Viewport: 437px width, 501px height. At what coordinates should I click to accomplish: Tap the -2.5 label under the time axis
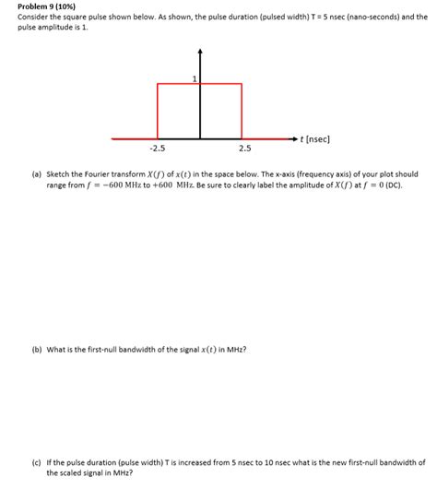(157, 148)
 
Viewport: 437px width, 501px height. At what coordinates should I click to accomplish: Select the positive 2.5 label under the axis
(243, 148)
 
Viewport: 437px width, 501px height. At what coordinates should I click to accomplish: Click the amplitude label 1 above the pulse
(195, 78)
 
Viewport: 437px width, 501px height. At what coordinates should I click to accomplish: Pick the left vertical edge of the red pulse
(158, 111)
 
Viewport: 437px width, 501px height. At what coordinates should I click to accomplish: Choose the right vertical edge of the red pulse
(242, 111)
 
